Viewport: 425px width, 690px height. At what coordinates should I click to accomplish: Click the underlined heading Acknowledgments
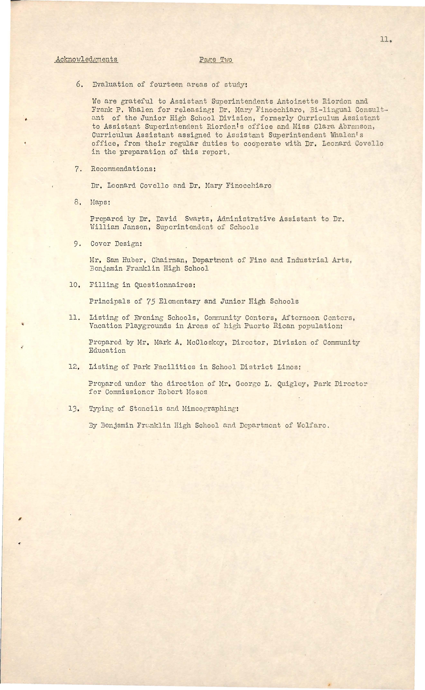tap(86, 60)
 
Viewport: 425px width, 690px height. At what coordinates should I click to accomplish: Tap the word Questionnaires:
tap(161, 285)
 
